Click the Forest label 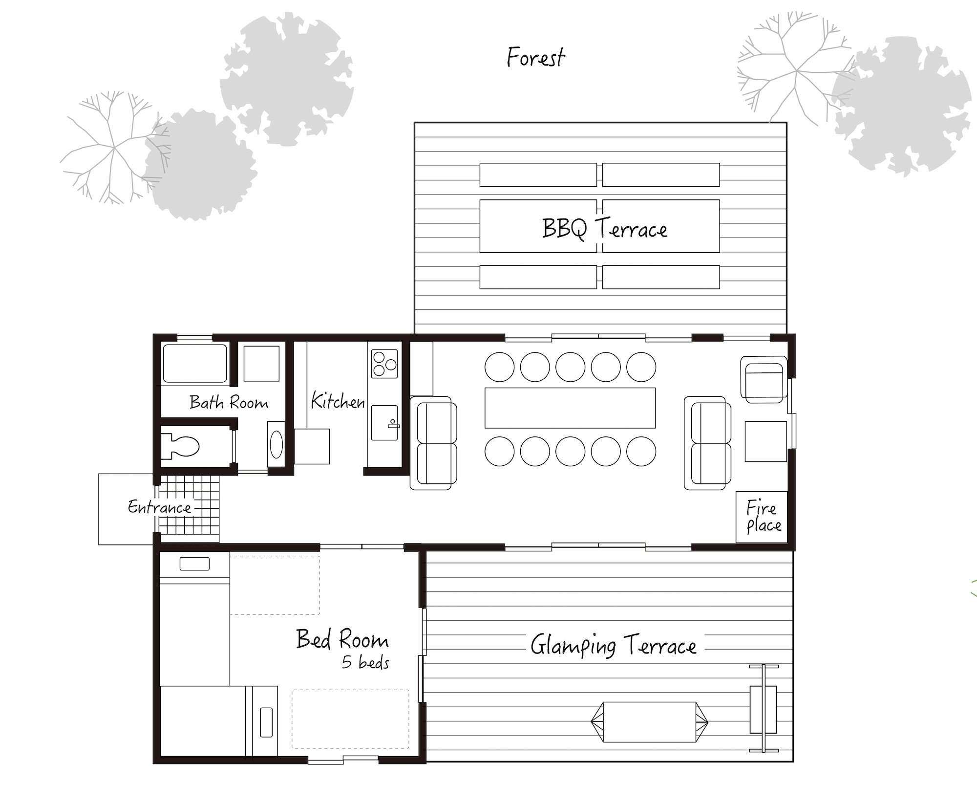536,57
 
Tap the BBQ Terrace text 604,228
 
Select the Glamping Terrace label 614,646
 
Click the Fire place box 763,517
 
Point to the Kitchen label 338,401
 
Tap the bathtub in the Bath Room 195,364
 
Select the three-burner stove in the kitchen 384,364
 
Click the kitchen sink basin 384,422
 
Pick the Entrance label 159,507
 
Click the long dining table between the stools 570,408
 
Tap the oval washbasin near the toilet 276,444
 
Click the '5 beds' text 365,662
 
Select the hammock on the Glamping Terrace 649,722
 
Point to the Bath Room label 229,402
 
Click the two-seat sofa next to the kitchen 434,443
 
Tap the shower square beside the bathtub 261,364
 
